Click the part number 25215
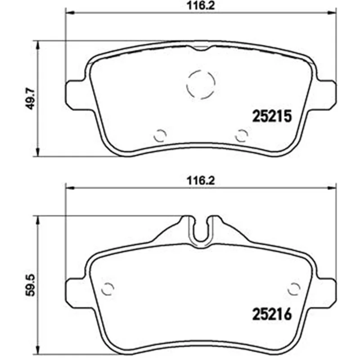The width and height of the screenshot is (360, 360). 272,116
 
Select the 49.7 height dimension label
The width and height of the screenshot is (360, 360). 30,99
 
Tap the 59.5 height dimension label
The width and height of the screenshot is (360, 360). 30,285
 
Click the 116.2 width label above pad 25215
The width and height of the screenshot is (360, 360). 201,5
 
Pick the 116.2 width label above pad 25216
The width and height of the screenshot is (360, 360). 201,181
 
